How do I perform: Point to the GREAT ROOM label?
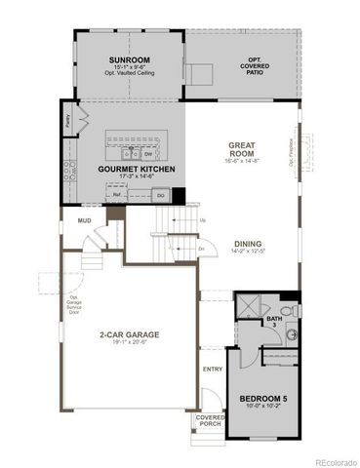point(240,148)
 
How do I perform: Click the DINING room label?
point(248,245)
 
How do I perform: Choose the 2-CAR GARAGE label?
point(129,333)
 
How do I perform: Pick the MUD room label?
point(85,221)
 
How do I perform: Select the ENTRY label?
point(212,369)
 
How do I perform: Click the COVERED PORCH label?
point(210,419)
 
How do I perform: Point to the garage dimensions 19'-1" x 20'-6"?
point(129,343)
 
